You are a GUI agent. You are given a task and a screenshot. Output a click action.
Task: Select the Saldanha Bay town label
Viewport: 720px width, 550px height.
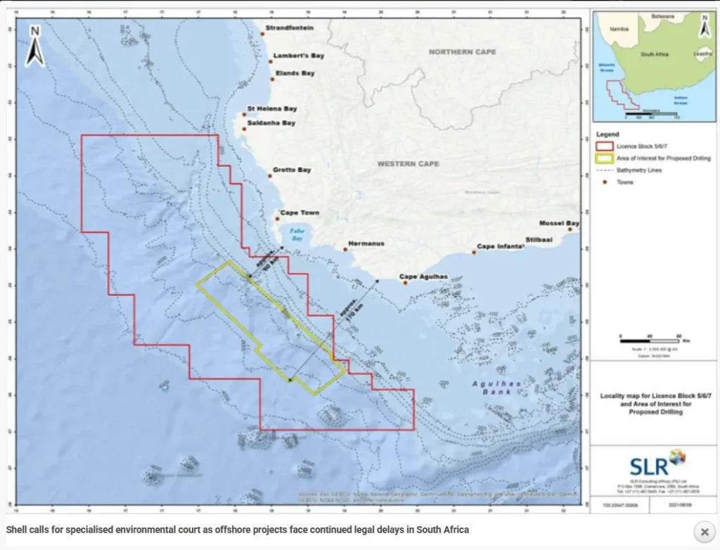(x=271, y=123)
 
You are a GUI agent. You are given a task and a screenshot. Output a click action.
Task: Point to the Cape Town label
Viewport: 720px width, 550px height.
(x=301, y=212)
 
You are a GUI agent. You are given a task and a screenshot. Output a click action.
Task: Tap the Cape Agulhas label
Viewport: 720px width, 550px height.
(x=423, y=277)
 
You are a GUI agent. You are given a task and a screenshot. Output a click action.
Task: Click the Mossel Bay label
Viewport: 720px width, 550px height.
(x=560, y=223)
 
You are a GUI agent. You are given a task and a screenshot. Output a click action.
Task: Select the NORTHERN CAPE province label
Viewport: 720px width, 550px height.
(x=462, y=52)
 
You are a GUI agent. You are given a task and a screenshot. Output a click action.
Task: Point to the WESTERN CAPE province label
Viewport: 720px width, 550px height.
(x=408, y=164)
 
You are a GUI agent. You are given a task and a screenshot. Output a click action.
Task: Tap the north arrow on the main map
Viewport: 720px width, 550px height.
(x=35, y=45)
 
